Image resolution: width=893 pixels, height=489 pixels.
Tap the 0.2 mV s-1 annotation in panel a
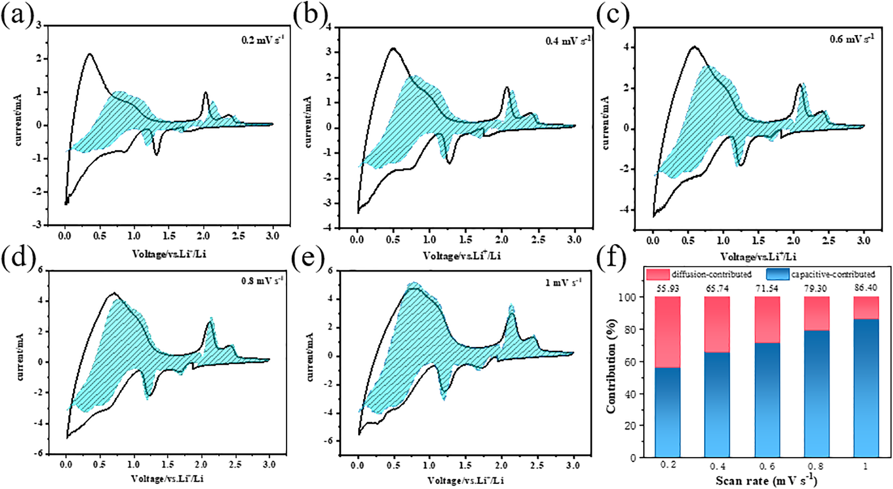click(x=262, y=40)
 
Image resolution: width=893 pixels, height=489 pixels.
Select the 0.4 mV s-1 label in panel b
click(x=568, y=41)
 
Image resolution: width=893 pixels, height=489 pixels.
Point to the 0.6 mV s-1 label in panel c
click(x=851, y=39)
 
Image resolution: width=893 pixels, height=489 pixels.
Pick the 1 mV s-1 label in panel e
click(x=563, y=282)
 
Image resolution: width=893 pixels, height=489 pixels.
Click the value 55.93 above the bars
click(x=668, y=288)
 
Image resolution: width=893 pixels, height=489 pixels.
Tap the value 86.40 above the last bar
click(x=865, y=288)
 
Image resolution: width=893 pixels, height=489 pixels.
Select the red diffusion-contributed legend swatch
click(x=657, y=274)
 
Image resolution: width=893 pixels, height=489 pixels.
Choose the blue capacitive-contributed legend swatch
click(x=777, y=274)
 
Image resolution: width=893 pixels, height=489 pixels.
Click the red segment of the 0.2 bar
click(x=668, y=332)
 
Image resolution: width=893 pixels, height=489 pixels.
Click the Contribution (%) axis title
click(x=611, y=366)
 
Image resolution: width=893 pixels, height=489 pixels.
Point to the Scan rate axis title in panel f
click(x=766, y=481)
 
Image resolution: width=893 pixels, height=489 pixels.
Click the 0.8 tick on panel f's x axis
click(x=816, y=466)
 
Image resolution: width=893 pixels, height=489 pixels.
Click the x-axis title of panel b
click(x=461, y=256)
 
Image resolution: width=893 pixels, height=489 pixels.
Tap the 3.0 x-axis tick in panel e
click(x=573, y=465)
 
